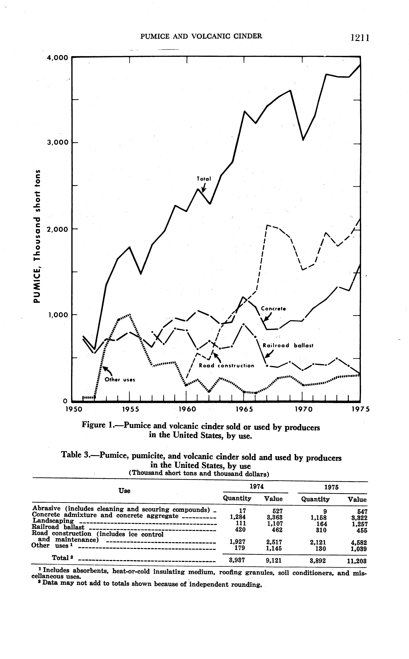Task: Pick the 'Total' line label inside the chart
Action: coord(204,179)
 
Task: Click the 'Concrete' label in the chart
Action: coord(273,309)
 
